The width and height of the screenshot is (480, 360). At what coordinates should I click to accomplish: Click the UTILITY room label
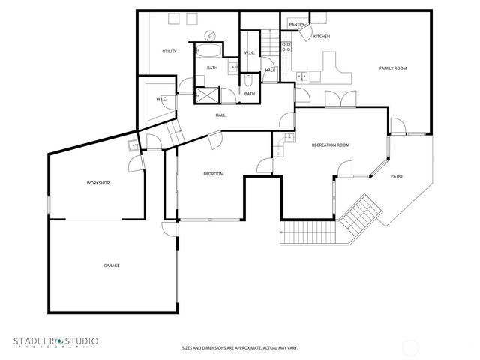[x=169, y=51]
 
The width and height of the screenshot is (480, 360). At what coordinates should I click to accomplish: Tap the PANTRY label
[x=296, y=24]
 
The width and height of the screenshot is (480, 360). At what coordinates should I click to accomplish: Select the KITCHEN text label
[x=321, y=36]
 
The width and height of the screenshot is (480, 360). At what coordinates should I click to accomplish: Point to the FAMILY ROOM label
[x=392, y=68]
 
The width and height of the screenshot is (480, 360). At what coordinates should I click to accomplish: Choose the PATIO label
[x=397, y=176]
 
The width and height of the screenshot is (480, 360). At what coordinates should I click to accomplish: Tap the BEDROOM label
[x=214, y=174]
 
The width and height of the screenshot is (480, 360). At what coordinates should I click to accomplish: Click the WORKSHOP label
[x=98, y=183]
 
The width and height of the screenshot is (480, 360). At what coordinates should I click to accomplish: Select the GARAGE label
[x=112, y=265]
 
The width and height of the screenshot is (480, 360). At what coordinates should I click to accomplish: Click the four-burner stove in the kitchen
[x=286, y=46]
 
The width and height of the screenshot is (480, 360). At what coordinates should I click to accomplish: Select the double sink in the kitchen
[x=301, y=75]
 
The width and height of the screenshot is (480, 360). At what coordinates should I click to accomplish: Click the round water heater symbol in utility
[x=210, y=35]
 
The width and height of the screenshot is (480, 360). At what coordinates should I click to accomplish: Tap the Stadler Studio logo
[x=55, y=342]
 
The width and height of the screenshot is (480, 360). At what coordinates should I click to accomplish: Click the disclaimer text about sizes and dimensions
[x=239, y=347]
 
